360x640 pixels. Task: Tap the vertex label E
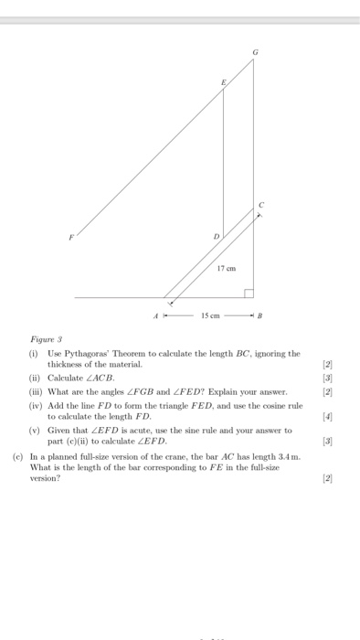(x=221, y=81)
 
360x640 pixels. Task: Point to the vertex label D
(x=217, y=236)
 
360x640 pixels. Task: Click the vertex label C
(x=260, y=203)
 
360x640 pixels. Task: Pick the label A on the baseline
(x=155, y=316)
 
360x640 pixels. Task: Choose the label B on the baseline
(x=259, y=316)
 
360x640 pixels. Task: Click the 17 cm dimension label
(x=226, y=268)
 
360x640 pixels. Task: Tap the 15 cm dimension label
(x=208, y=316)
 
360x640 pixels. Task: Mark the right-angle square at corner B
(x=248, y=293)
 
